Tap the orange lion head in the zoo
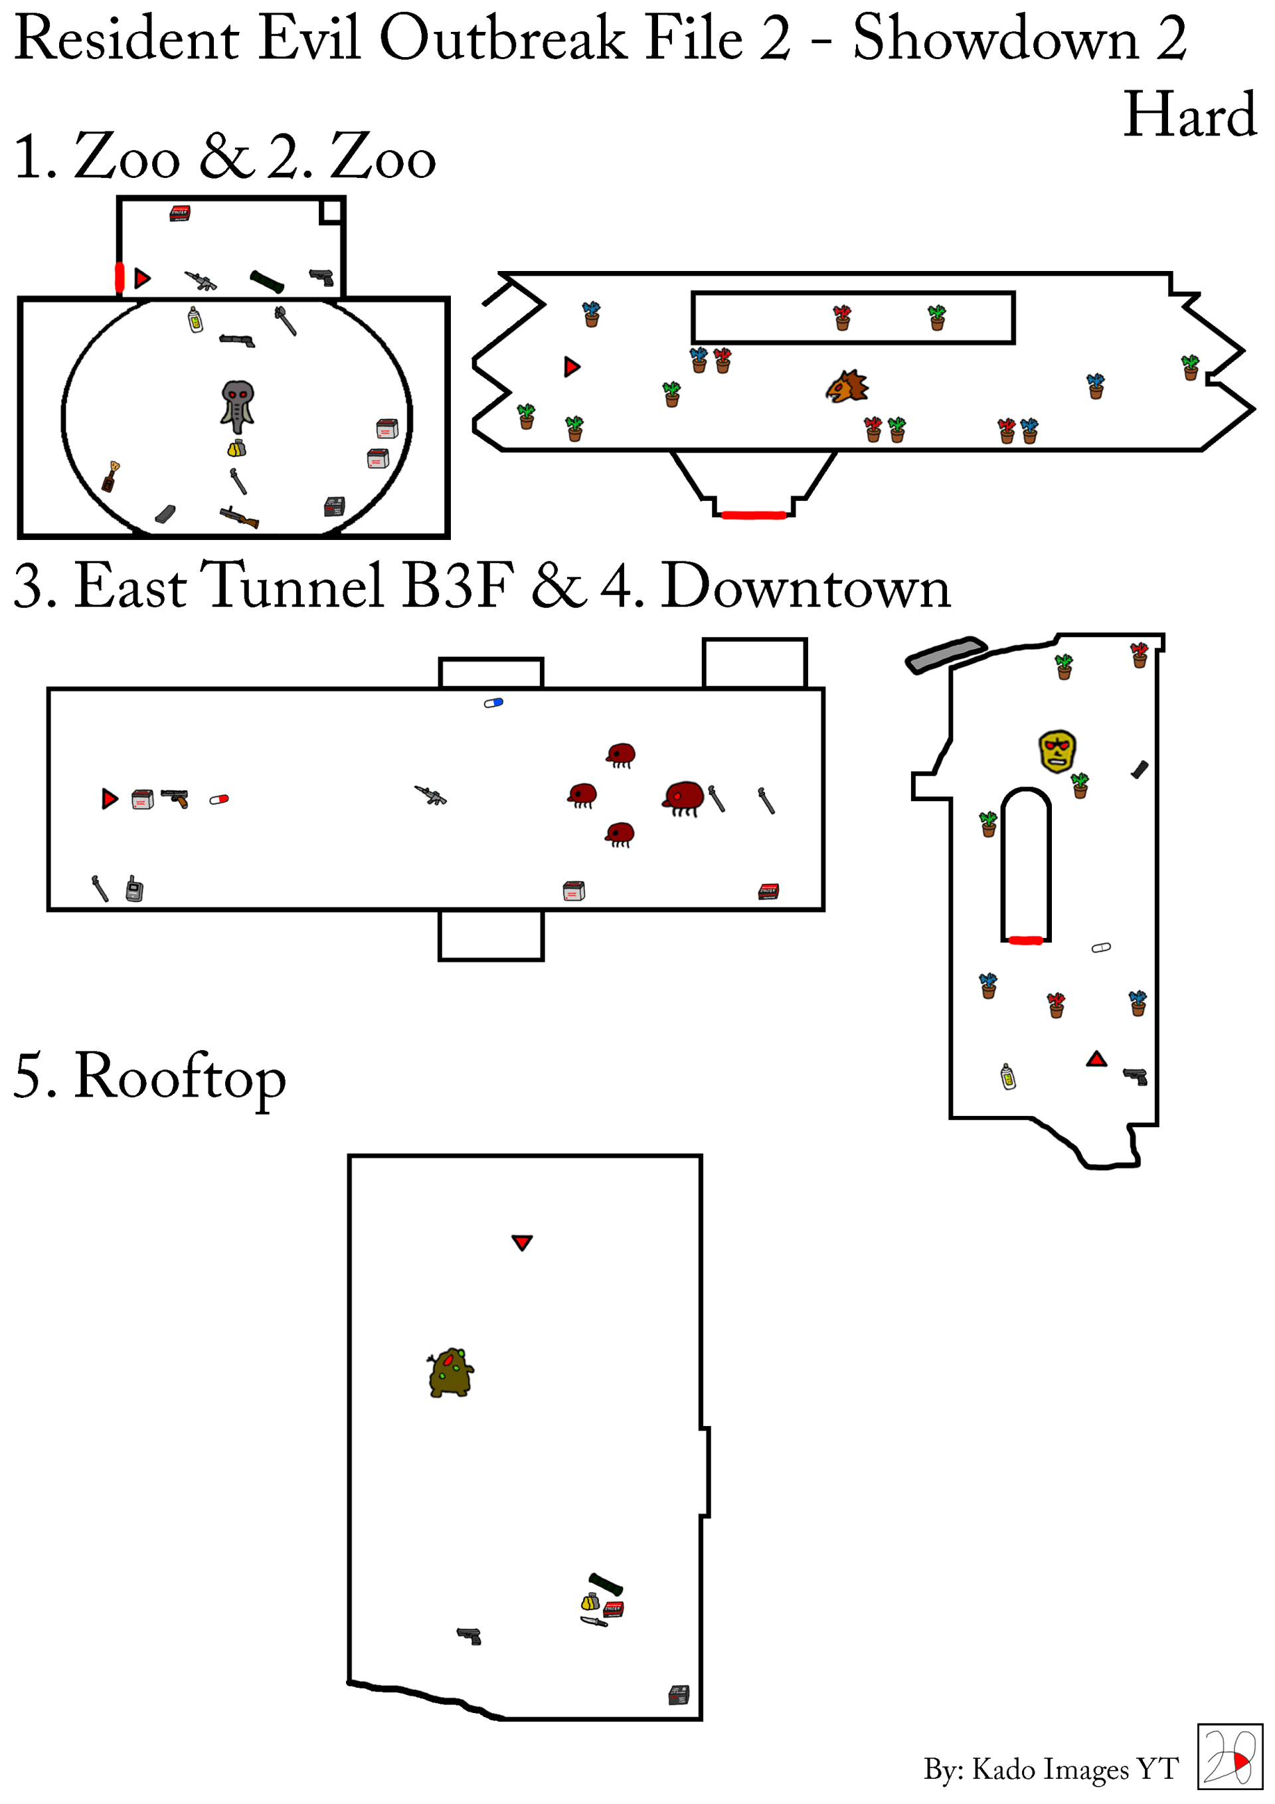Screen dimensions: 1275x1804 [847, 387]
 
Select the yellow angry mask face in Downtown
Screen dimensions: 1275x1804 [1057, 751]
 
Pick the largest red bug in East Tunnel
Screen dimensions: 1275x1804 [683, 798]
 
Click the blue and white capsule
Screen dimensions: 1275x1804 [493, 703]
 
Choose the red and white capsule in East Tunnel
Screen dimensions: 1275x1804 [219, 799]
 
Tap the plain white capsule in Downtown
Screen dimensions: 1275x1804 [1102, 948]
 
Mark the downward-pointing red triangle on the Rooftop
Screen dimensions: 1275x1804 [523, 1242]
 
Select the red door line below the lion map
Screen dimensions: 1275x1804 [754, 515]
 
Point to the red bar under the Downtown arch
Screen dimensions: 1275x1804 [1025, 940]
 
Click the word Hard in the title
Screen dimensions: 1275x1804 [1190, 115]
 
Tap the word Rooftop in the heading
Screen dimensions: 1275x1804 [180, 1078]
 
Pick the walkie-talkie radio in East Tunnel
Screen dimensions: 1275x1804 [134, 888]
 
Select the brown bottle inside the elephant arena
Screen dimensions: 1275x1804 [111, 476]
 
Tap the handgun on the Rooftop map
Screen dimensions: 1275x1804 [469, 1637]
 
